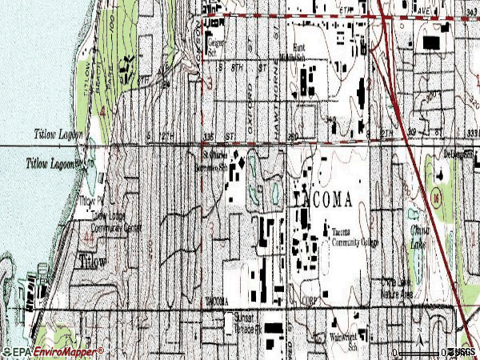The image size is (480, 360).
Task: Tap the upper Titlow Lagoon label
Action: pos(58,134)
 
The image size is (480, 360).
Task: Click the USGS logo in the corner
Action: pos(463,352)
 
